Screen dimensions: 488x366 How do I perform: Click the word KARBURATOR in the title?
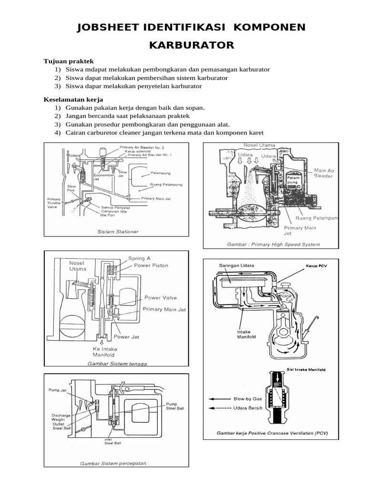[x=192, y=45]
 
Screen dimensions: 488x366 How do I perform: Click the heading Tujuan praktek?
[x=69, y=61]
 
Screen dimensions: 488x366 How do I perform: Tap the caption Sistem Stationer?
[x=118, y=232]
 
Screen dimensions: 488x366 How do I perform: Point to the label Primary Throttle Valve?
[x=54, y=204]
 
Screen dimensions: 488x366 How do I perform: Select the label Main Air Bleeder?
[x=324, y=173]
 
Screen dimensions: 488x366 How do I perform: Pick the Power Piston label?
[x=151, y=265]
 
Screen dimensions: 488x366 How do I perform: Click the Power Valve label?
[x=160, y=298]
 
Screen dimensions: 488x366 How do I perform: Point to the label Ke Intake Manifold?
[x=105, y=352]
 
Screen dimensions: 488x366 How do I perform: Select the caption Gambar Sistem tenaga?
[x=117, y=364]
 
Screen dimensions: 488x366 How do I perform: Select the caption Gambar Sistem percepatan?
[x=113, y=463]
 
